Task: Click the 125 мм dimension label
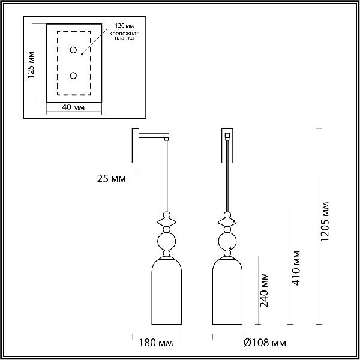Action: [31, 65]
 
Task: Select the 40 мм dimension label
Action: [73, 107]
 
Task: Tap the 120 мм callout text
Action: [124, 26]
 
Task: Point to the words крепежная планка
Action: [124, 36]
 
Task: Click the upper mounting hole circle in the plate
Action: [73, 50]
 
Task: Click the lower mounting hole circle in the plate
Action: [73, 76]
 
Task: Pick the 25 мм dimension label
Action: [112, 179]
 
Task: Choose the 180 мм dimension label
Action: [156, 343]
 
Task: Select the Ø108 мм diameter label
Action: [265, 343]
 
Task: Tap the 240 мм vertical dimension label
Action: [264, 290]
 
